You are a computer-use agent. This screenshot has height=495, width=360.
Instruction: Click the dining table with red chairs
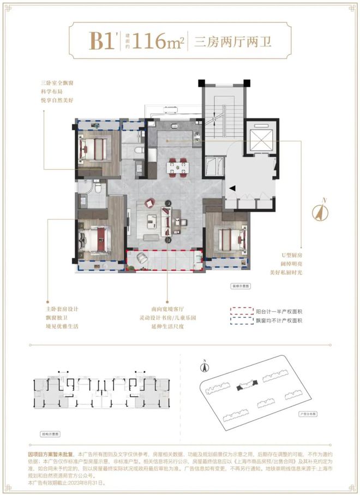click(x=176, y=168)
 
